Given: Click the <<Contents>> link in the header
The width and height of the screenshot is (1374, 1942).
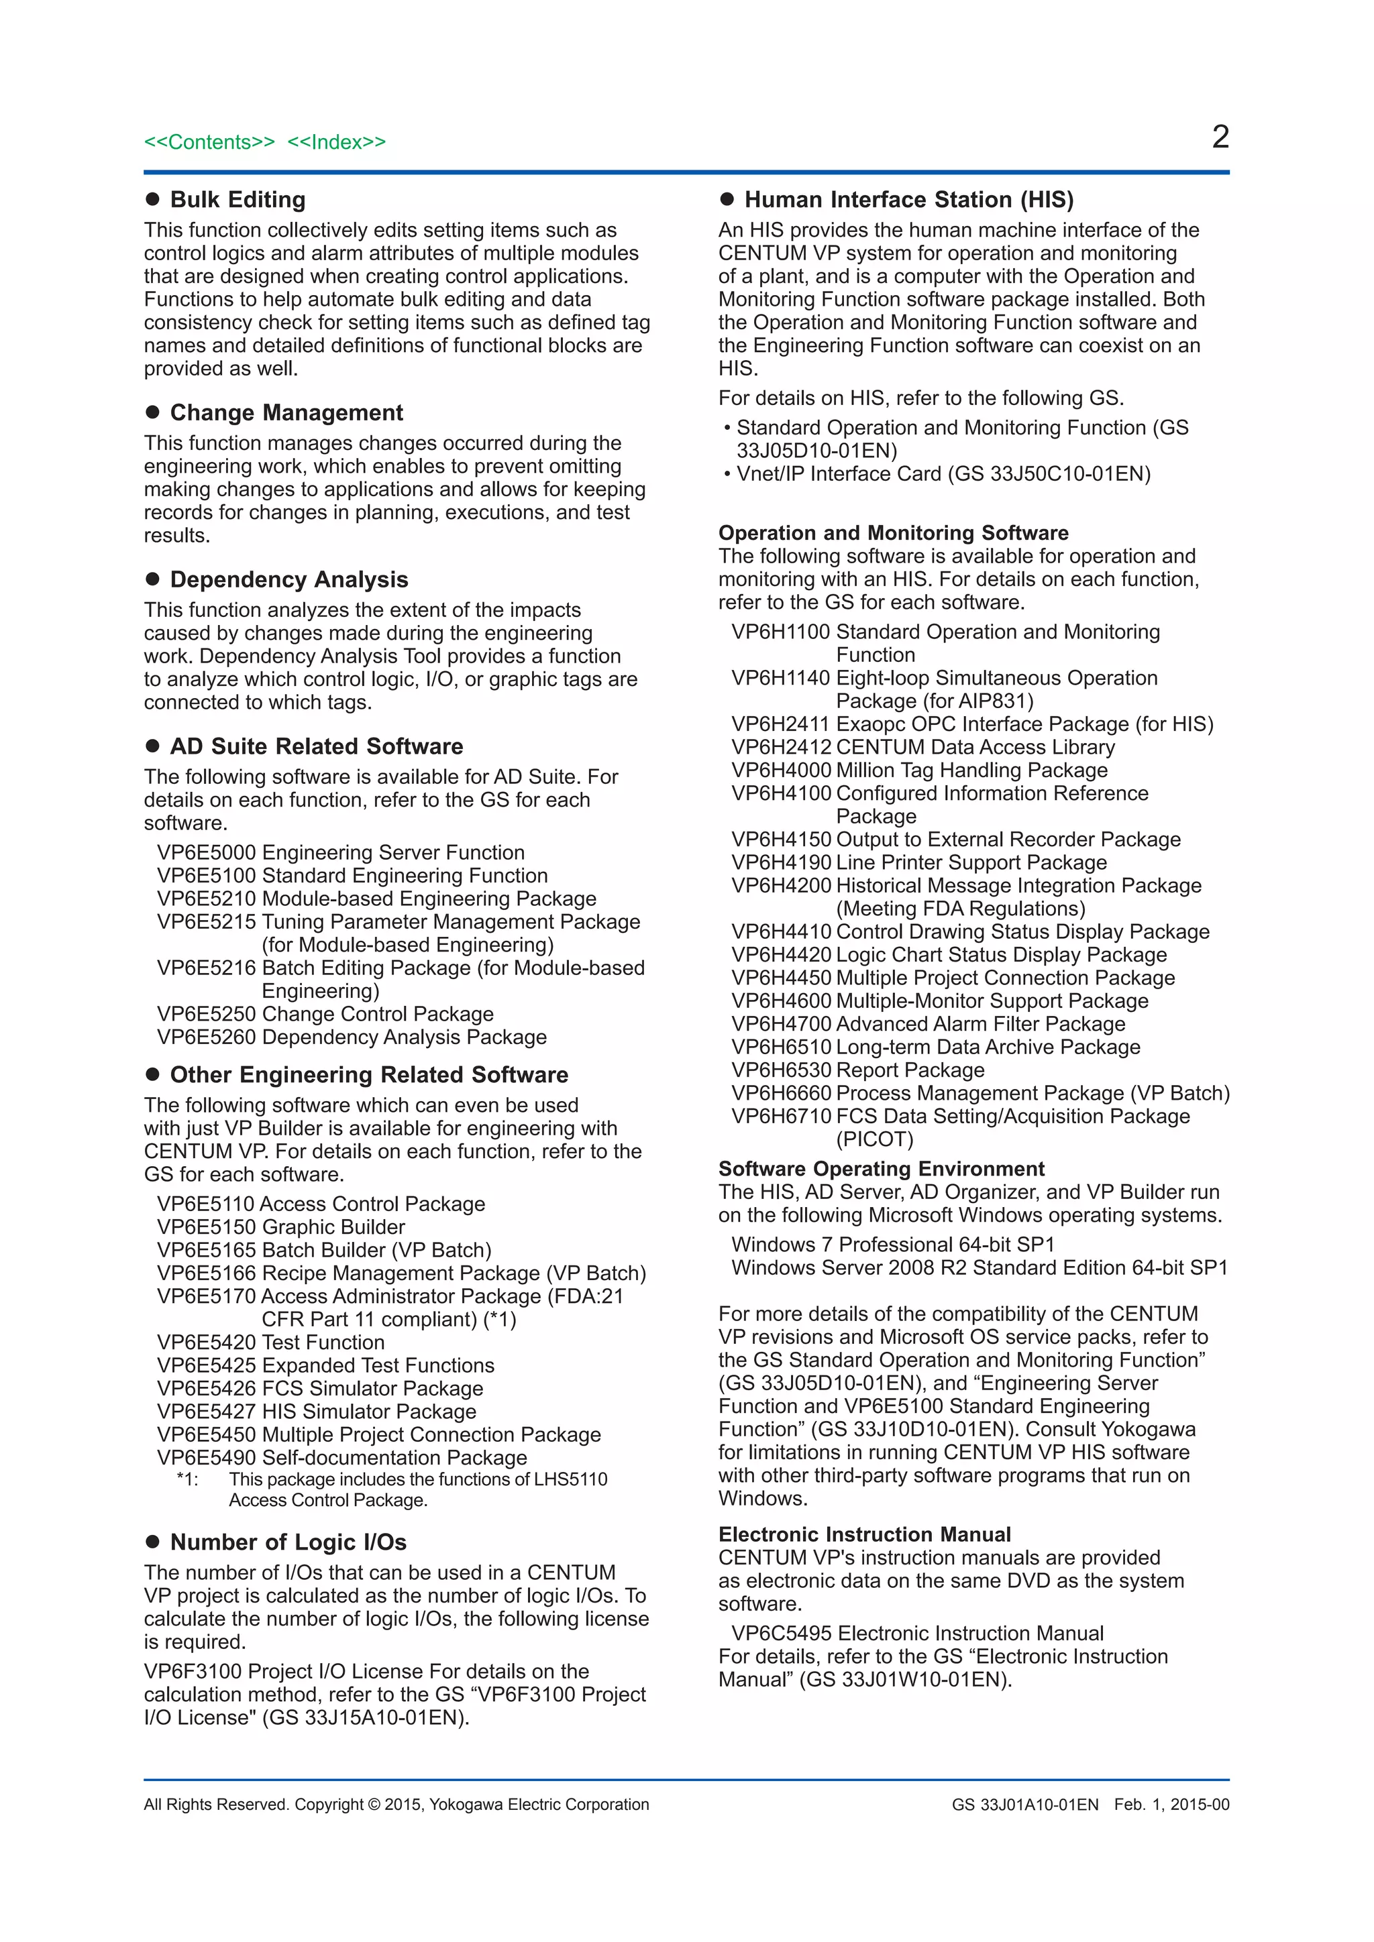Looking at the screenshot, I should point(209,142).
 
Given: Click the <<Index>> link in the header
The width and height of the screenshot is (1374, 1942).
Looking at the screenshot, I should point(336,142).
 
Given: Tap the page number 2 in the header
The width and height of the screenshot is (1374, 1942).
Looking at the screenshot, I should point(1219,137).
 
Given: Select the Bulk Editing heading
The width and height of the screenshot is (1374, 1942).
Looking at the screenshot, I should point(237,200).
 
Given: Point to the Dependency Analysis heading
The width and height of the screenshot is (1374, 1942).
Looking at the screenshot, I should point(288,579).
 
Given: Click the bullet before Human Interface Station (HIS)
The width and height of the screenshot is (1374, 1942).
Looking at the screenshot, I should point(726,200).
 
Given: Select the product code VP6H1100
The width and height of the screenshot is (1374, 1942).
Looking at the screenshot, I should point(780,632).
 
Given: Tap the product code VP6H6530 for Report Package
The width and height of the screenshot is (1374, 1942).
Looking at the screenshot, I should point(780,1070).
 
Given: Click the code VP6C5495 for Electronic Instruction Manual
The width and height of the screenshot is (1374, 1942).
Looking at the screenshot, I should point(781,1634).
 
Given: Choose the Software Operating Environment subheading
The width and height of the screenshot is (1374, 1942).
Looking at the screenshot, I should point(881,1169).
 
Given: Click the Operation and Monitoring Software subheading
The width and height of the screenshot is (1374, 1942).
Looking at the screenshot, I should point(892,533).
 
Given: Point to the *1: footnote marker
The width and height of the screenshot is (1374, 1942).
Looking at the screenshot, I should point(187,1479).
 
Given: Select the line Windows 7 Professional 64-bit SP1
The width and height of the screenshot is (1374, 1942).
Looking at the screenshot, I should point(892,1244).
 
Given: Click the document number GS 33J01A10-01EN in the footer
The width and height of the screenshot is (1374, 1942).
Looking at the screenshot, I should point(1024,1804).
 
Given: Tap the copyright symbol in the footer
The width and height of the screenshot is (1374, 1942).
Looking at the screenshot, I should point(373,1804).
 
